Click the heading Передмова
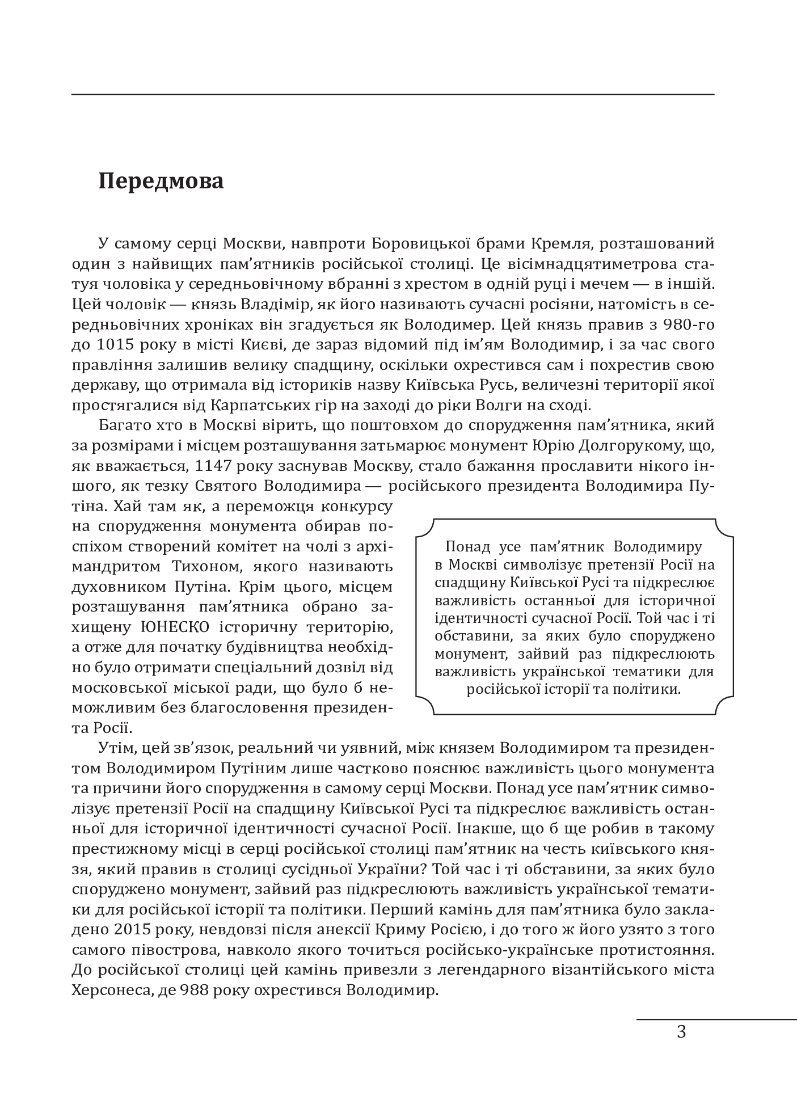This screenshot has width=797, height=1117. click(x=161, y=181)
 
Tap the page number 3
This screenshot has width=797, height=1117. click(x=681, y=1032)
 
